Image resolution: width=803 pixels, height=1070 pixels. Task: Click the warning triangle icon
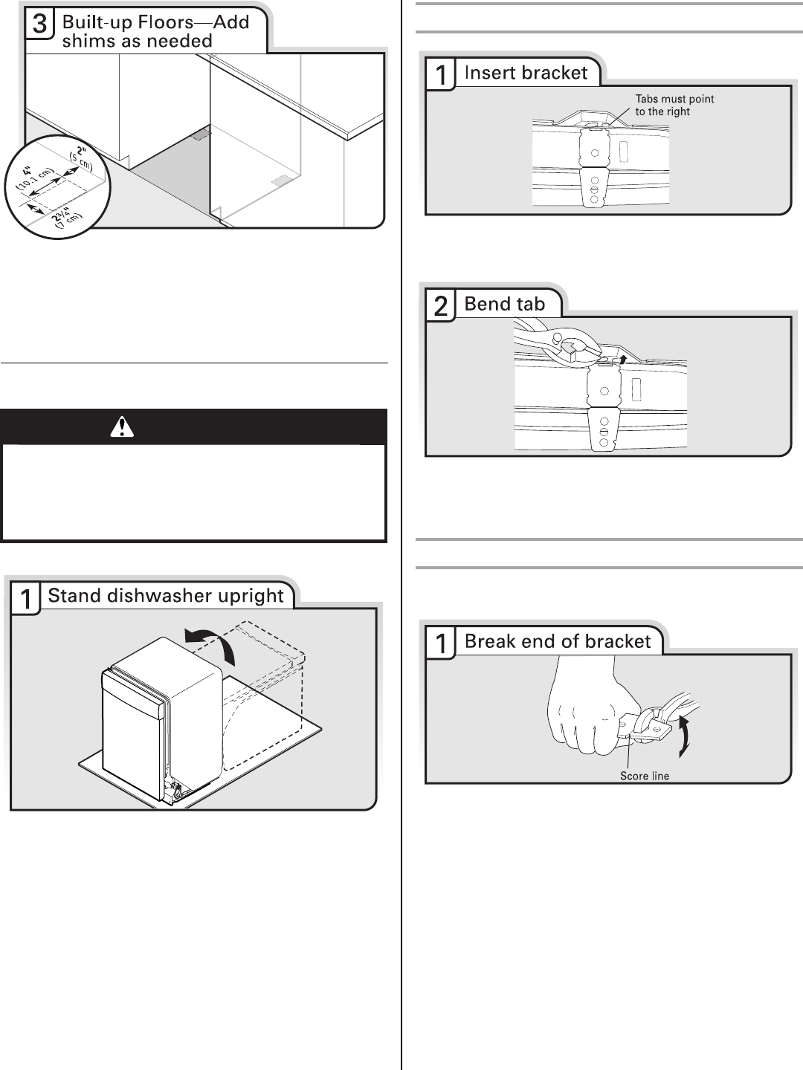click(122, 427)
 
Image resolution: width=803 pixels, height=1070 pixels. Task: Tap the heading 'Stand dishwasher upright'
click(166, 595)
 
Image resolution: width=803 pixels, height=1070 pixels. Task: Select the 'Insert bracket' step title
click(526, 73)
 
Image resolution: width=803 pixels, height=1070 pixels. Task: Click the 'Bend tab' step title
click(505, 304)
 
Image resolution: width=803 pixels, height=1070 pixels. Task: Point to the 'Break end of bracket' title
click(558, 641)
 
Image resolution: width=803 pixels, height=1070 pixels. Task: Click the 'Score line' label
click(645, 776)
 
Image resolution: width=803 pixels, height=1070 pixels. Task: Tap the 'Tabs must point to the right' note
click(674, 105)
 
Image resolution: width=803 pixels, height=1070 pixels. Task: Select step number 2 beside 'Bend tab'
click(441, 306)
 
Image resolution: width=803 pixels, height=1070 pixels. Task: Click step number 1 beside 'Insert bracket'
click(441, 75)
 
